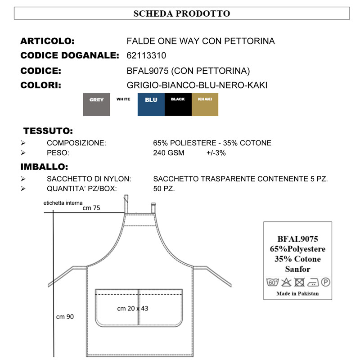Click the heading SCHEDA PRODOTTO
pyautogui.click(x=182, y=13)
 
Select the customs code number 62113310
pyautogui.click(x=147, y=56)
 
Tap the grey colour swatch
pyautogui.click(x=96, y=105)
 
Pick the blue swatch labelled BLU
pyautogui.click(x=151, y=105)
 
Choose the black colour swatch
pyautogui.click(x=178, y=105)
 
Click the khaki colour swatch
pyautogui.click(x=205, y=105)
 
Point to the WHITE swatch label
pyautogui.click(x=123, y=99)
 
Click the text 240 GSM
pyautogui.click(x=169, y=153)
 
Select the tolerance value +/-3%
pyautogui.click(x=216, y=153)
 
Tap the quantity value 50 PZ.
pyautogui.click(x=164, y=189)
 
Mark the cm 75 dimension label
pyautogui.click(x=91, y=208)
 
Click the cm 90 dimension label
pyautogui.click(x=65, y=317)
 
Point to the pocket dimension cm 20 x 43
pyautogui.click(x=133, y=309)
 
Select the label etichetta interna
pyautogui.click(x=63, y=203)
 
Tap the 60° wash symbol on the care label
pyautogui.click(x=273, y=283)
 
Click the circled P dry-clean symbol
pyautogui.click(x=325, y=283)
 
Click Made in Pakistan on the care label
pyautogui.click(x=297, y=293)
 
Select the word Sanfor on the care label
pyautogui.click(x=297, y=269)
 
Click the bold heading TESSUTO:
pyautogui.click(x=48, y=131)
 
